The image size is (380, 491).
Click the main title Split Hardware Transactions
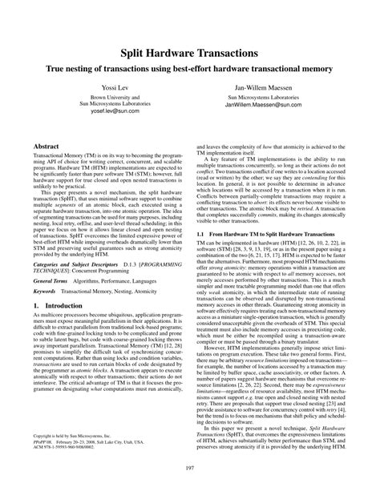click(x=189, y=51)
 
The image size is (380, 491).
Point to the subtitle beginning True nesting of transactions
click(x=189, y=67)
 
